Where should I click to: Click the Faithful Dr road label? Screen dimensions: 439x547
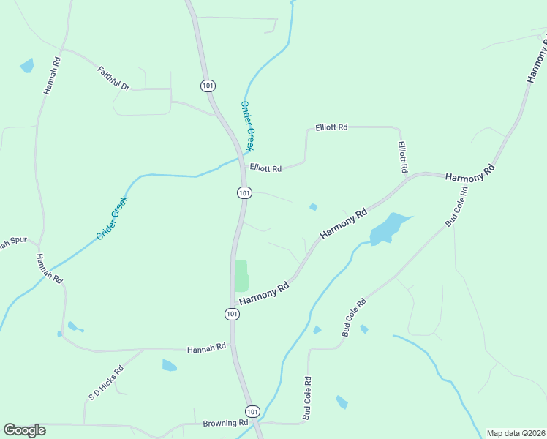pos(113,78)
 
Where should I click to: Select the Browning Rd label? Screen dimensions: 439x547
pos(226,423)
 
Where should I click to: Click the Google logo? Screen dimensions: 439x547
pos(24,430)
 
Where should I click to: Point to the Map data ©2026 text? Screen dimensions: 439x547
pos(516,433)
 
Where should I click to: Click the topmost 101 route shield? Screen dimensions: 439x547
pos(208,86)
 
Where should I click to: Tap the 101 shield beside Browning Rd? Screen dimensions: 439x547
pos(252,411)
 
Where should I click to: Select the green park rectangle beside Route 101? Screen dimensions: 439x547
pos(241,276)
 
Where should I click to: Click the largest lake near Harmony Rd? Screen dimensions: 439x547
pos(387,228)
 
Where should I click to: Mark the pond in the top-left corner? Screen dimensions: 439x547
pos(27,66)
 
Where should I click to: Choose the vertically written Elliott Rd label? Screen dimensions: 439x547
pos(403,157)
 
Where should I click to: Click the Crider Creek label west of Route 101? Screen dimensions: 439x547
pos(112,217)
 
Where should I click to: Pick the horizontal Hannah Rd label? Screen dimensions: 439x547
pos(207,349)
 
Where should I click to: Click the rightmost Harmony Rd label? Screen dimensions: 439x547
pos(469,173)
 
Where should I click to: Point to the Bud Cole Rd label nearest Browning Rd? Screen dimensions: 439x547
pos(307,398)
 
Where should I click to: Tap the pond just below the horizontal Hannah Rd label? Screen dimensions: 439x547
pos(169,365)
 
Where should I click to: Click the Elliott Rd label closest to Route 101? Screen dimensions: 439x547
pos(265,168)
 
